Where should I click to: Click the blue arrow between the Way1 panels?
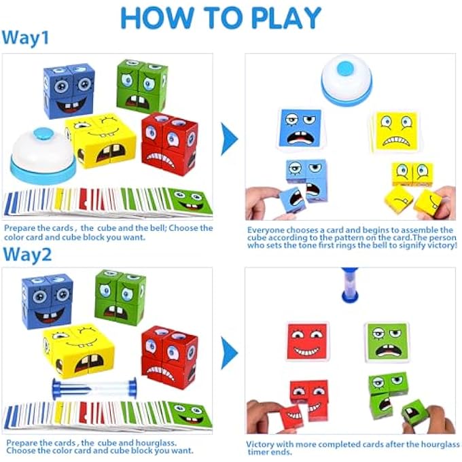point(230,140)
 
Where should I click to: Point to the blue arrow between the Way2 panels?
point(230,353)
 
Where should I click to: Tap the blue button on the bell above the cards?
point(346,67)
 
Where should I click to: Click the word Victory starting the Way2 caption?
point(262,444)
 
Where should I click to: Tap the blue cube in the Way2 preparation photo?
point(47,300)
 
